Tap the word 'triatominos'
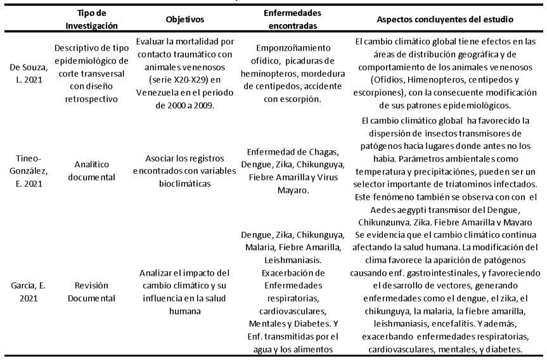pos(470,183)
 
